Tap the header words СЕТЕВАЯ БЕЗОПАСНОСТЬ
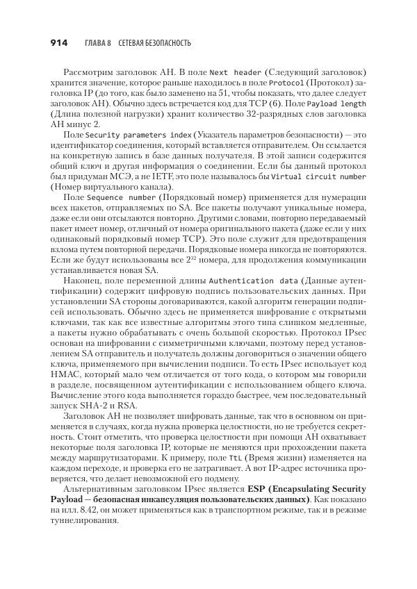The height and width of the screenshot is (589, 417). (x=154, y=43)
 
